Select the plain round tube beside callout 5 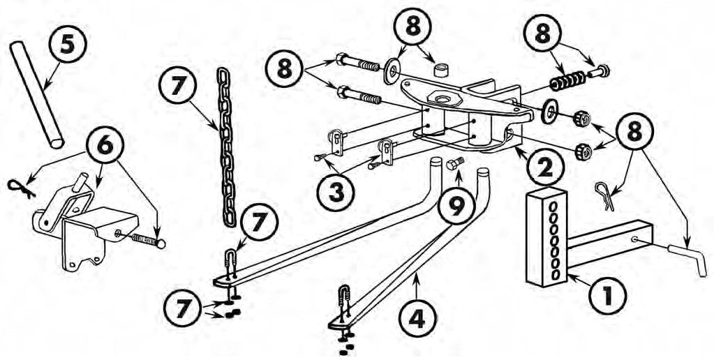[x=36, y=94]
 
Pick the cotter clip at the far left [x=22, y=188]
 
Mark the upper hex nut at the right [x=581, y=119]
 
